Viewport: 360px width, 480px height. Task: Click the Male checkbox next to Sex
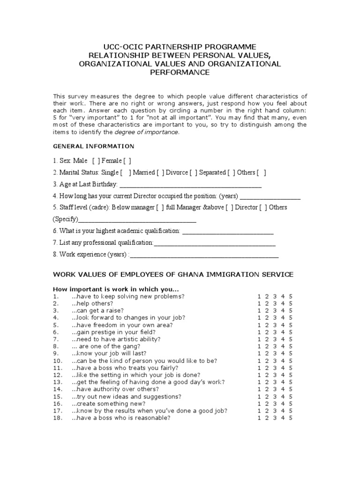tap(95, 161)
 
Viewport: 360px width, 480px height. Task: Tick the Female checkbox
tap(127, 161)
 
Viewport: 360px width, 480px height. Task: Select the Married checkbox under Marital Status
tap(160, 172)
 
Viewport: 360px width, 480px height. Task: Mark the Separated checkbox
tap(231, 172)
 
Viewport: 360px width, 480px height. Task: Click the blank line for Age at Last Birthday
tap(190, 185)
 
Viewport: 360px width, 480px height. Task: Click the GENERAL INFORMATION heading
tap(93, 146)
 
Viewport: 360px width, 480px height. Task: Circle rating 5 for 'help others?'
tap(291, 304)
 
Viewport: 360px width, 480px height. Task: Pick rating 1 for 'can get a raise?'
tap(259, 311)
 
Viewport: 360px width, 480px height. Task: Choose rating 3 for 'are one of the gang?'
tap(275, 345)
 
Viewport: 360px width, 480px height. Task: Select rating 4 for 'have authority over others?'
tap(283, 389)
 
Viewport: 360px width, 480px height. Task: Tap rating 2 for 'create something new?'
tap(267, 403)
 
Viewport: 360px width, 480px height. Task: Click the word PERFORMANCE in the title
tap(180, 73)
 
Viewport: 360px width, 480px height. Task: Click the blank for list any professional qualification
tap(215, 244)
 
